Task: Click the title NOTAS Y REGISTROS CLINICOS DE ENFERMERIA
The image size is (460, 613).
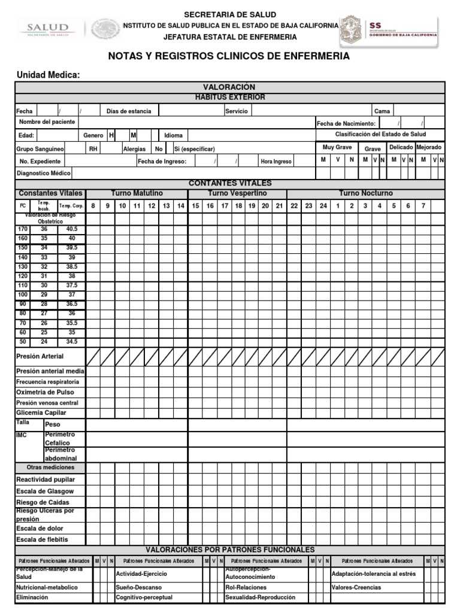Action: pos(229,56)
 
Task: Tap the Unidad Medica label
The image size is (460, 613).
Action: pos(48,75)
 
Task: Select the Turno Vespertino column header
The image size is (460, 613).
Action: pos(237,193)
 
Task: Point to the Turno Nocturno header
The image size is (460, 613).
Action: pos(366,193)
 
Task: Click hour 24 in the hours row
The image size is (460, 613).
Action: pos(323,206)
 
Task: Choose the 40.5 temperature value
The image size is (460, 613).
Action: pos(72,229)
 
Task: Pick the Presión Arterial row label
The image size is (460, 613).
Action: pos(40,357)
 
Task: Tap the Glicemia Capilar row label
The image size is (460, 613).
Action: pos(41,413)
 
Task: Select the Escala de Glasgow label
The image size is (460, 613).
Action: pos(45,491)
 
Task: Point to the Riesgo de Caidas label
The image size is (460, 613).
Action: pos(43,502)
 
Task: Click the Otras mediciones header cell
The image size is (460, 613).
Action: pos(50,468)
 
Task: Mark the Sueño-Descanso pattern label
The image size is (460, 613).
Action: pos(138,588)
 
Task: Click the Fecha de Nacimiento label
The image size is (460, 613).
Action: pos(346,123)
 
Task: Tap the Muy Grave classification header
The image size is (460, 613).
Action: pos(337,147)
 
